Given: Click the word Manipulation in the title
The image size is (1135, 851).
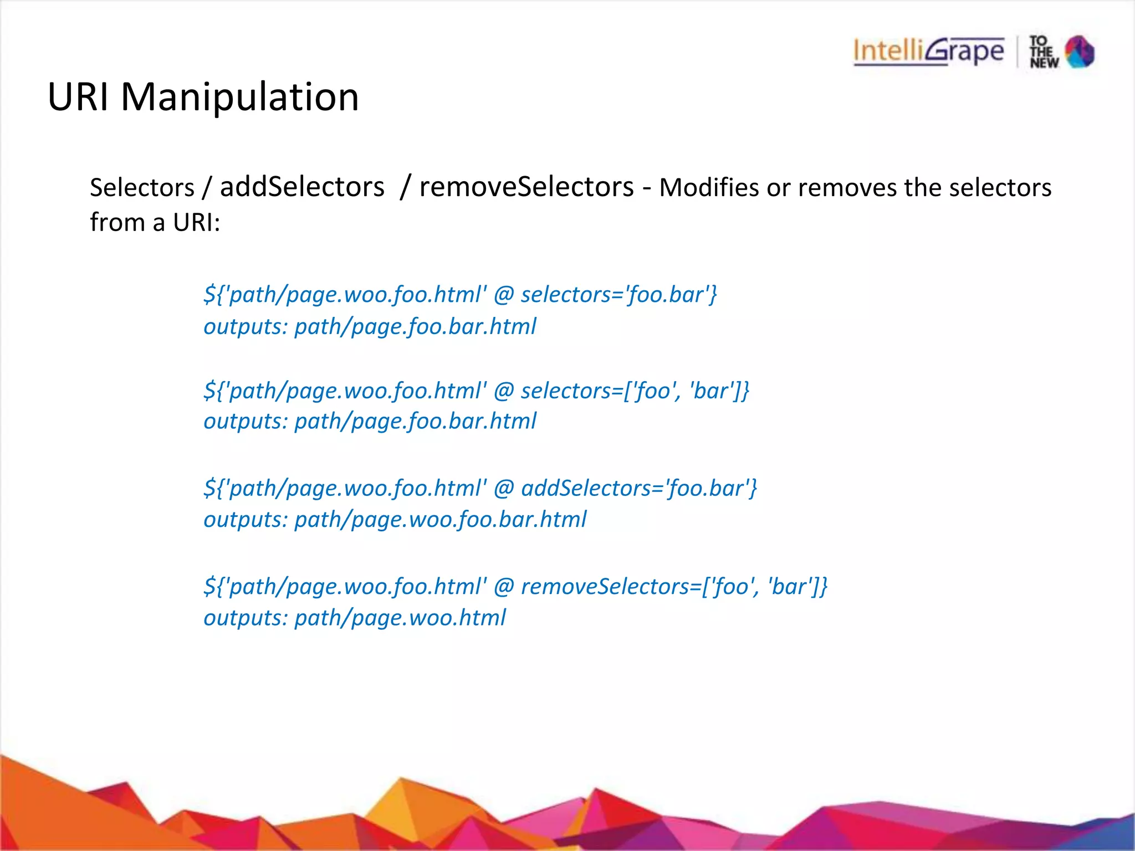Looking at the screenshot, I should tap(240, 98).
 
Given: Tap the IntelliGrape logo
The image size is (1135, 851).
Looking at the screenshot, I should tap(929, 52).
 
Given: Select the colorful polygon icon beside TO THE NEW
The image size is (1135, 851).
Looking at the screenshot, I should tap(1080, 52).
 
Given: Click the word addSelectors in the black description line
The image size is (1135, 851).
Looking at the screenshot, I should tap(302, 187).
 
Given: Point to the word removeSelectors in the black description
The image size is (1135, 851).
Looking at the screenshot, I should tap(526, 187).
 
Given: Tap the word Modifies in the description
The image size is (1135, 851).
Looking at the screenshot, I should tap(709, 188).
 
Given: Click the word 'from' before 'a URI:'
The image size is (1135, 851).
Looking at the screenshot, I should tap(117, 223).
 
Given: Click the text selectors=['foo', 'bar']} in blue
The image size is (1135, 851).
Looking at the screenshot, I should tap(635, 391).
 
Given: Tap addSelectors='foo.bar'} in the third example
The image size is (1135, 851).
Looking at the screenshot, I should tap(639, 489).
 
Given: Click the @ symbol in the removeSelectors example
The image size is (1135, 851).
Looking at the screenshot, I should tap(504, 587).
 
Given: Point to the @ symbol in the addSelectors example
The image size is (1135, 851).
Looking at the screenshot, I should tap(504, 489).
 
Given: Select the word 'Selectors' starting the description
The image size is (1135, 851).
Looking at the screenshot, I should tap(142, 188).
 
